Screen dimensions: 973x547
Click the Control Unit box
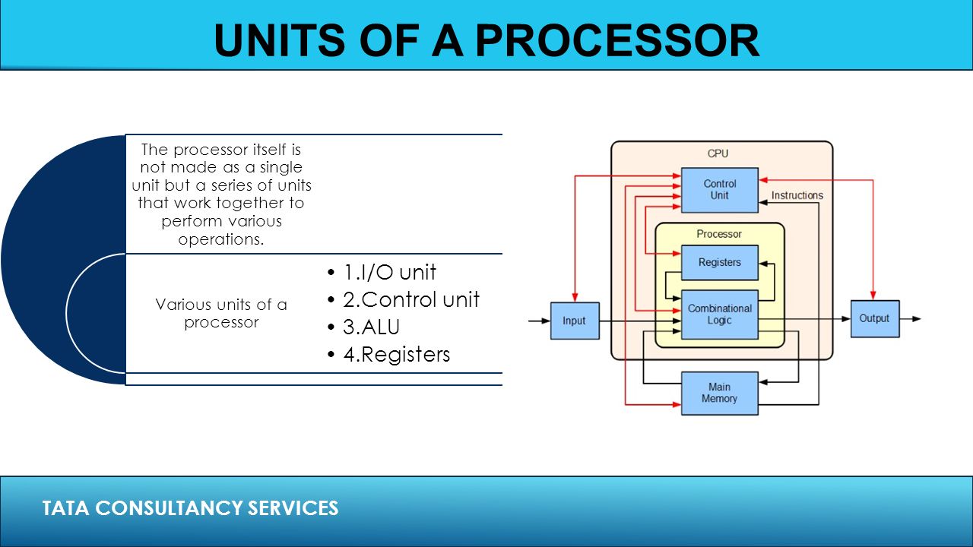[720, 190]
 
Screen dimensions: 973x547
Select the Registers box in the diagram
[720, 263]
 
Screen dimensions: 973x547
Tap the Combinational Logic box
[720, 315]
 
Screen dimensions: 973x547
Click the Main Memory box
[720, 394]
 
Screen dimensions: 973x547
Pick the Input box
[575, 321]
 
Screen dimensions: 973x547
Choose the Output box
[875, 318]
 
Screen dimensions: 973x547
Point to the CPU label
[718, 153]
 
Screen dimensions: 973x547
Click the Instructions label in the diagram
[797, 195]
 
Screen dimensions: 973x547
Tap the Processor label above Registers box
[719, 234]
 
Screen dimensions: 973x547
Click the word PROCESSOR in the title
[617, 40]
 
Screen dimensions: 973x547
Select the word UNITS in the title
[280, 40]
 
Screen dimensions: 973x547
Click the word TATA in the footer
[65, 508]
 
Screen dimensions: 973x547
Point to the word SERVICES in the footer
[293, 508]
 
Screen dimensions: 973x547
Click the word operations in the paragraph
[220, 239]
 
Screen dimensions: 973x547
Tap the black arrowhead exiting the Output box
[917, 318]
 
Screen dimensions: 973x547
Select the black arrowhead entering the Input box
[546, 321]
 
